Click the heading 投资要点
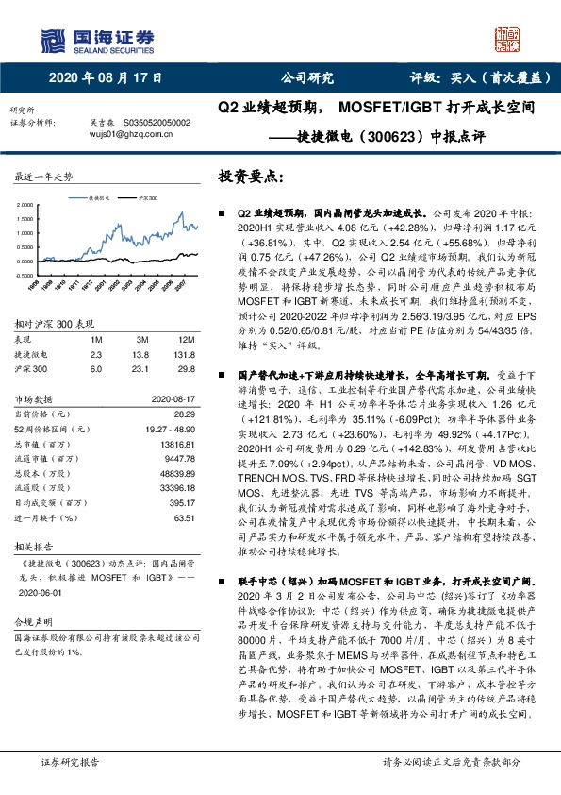pyautogui.click(x=250, y=177)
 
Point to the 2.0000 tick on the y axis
pyautogui.click(x=28, y=204)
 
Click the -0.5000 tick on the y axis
pyautogui.click(x=27, y=274)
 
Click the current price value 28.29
pyautogui.click(x=185, y=414)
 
